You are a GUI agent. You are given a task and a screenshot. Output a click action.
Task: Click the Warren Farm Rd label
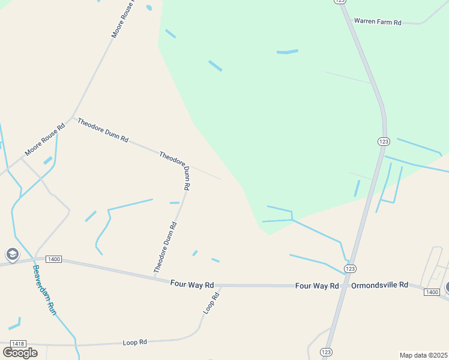pyautogui.click(x=378, y=21)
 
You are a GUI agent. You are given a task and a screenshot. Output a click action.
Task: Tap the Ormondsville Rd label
pyautogui.click(x=379, y=285)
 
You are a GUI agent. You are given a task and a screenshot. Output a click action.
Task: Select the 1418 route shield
pyautogui.click(x=18, y=343)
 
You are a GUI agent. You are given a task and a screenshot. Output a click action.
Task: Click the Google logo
pyautogui.click(x=20, y=352)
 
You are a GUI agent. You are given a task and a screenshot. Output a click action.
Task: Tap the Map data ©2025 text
pyautogui.click(x=423, y=355)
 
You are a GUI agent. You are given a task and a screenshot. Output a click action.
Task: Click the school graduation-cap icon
pyautogui.click(x=12, y=255)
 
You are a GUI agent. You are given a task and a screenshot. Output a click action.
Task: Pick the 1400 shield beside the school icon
pyautogui.click(x=53, y=259)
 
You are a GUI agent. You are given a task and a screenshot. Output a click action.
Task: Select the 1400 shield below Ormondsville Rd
pyautogui.click(x=431, y=292)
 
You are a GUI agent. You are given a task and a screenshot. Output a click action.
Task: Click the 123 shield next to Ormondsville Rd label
pyautogui.click(x=351, y=268)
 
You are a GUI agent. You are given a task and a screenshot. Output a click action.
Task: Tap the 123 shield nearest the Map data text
pyautogui.click(x=327, y=352)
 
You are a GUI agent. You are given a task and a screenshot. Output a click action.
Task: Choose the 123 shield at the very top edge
pyautogui.click(x=340, y=2)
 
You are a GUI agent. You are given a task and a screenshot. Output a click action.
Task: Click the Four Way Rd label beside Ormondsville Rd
pyautogui.click(x=317, y=286)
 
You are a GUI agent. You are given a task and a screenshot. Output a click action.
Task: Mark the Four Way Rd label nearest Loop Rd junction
pyautogui.click(x=192, y=283)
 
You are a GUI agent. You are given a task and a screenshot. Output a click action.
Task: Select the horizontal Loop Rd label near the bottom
pyautogui.click(x=135, y=342)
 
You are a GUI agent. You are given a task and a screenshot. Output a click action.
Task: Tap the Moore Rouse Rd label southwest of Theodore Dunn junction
pyautogui.click(x=44, y=140)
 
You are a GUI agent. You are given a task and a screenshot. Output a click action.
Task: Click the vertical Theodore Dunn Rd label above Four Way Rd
pyautogui.click(x=166, y=248)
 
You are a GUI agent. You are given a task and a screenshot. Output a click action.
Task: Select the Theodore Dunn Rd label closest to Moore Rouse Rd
pyautogui.click(x=103, y=130)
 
